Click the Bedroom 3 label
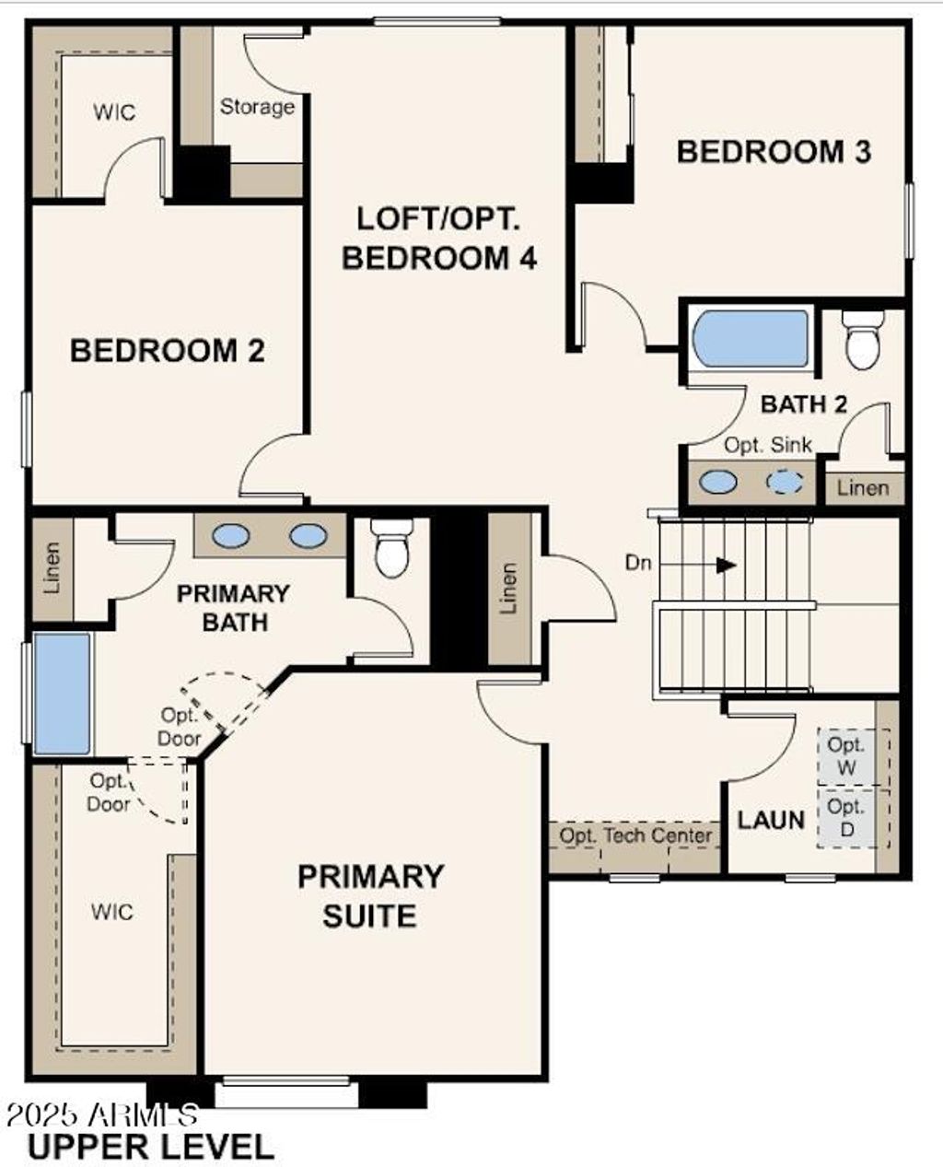(774, 152)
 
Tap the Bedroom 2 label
(168, 351)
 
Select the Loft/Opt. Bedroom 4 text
(438, 239)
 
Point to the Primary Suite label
(370, 895)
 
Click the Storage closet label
(257, 107)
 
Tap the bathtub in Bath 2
(751, 339)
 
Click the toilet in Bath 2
(863, 340)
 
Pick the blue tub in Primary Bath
(62, 693)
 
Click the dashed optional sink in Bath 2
(785, 482)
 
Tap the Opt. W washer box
(845, 755)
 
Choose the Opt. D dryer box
(845, 818)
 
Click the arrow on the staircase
(726, 564)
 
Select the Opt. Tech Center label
(636, 836)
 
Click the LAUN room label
(771, 819)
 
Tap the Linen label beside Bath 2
(863, 488)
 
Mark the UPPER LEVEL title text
(151, 1147)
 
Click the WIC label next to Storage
(114, 112)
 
